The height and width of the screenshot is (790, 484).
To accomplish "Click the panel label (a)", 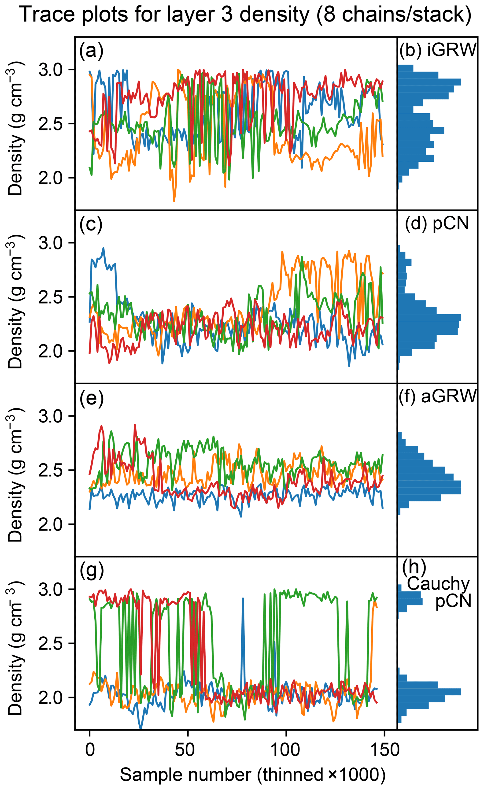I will click(x=91, y=51).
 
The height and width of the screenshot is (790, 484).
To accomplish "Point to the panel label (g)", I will click(x=91, y=571).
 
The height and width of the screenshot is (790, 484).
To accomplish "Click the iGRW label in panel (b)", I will click(x=452, y=50).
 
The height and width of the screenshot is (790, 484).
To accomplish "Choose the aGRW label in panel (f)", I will click(x=449, y=396).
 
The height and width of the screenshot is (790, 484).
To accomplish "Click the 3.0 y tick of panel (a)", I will click(x=52, y=70).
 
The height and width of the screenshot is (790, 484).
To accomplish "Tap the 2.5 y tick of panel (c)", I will click(x=52, y=297).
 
